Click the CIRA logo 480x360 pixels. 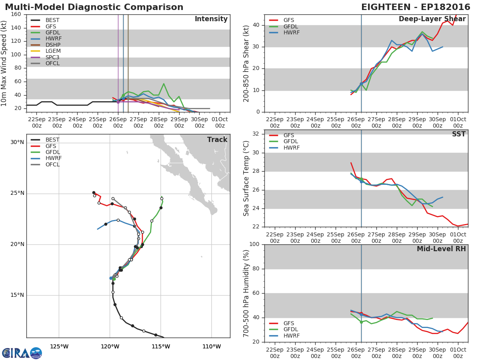click(22, 353)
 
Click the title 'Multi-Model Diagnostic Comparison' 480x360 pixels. click(94, 7)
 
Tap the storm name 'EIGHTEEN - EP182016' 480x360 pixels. click(416, 7)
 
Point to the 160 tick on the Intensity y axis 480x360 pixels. click(16, 14)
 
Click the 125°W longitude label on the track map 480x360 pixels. click(59, 346)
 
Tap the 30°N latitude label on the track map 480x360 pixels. click(17, 142)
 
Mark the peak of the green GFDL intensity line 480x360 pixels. click(164, 84)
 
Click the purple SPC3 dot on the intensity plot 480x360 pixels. click(118, 102)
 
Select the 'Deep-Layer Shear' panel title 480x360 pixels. click(432, 19)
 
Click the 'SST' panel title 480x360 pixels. click(459, 134)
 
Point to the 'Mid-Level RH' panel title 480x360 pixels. click(441, 249)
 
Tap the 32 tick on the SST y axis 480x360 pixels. click(256, 134)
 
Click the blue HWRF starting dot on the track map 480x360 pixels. click(111, 278)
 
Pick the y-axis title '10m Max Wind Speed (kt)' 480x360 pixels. click(4, 63)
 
